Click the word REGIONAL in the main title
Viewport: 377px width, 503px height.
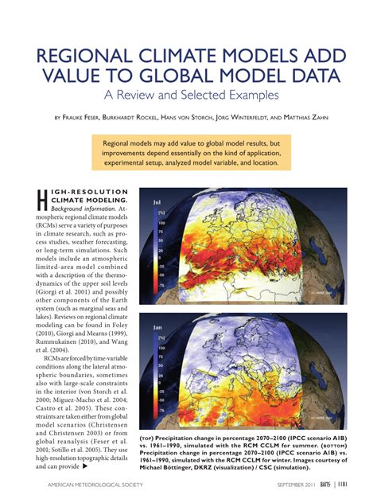[90, 57]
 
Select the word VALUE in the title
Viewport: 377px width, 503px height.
[76, 78]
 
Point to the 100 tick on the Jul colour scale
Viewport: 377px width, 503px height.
[161, 223]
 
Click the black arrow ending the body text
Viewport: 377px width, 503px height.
[84, 466]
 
